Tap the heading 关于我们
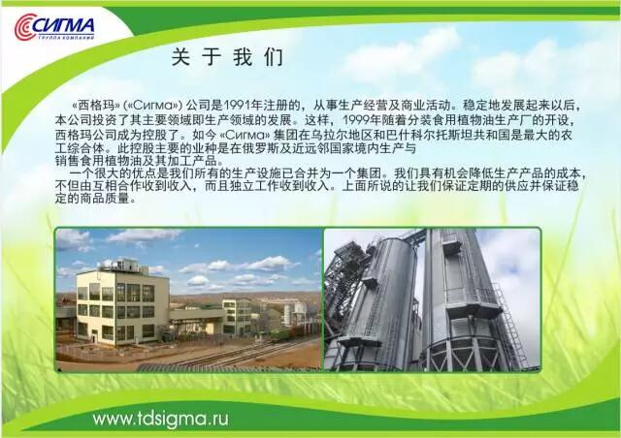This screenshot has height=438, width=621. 227,57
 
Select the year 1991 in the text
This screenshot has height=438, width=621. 237,106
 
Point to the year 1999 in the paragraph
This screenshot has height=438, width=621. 356,119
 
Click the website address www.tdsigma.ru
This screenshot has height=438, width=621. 161,419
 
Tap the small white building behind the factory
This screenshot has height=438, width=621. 237,316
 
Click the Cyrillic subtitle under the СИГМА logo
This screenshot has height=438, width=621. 67,38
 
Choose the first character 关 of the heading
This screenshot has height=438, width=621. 180,57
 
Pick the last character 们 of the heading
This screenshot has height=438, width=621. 274,57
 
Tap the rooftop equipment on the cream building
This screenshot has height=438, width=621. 118,266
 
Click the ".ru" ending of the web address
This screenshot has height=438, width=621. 217,420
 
